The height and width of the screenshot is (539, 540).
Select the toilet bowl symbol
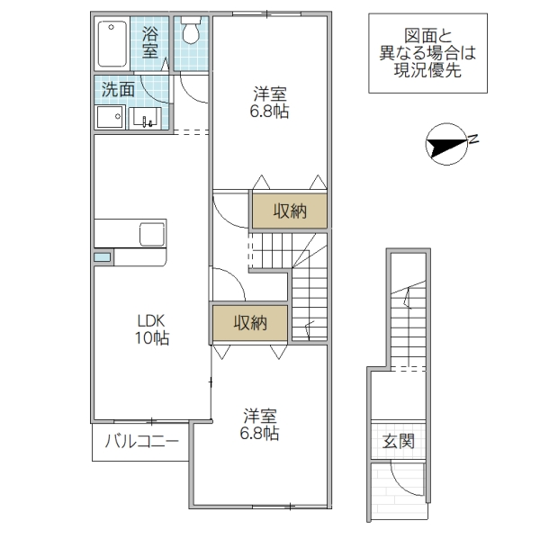(190, 31)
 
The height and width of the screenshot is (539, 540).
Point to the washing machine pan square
(110, 118)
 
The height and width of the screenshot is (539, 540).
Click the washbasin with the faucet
(146, 118)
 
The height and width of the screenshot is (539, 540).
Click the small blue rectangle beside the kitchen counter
(103, 257)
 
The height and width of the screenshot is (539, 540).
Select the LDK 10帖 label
(152, 329)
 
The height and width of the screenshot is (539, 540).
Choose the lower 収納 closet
(249, 323)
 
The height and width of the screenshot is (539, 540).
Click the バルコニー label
(141, 441)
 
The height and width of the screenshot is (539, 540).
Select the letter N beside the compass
(474, 139)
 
